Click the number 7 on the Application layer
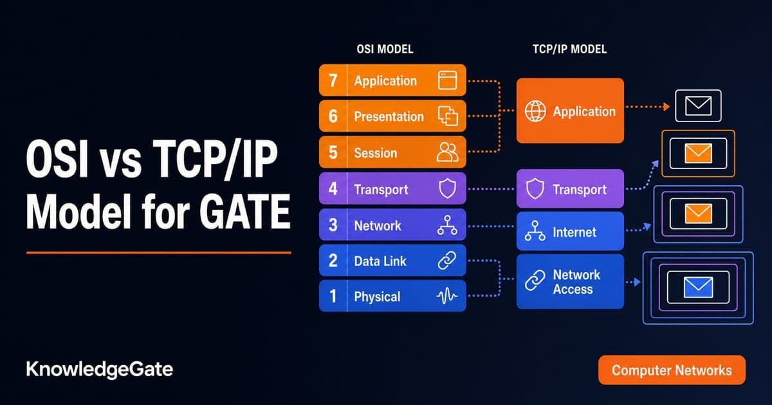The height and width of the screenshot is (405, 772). tap(333, 80)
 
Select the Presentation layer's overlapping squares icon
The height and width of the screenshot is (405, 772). tap(448, 116)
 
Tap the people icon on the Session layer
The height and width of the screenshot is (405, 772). tap(447, 152)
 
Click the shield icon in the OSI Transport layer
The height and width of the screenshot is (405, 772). tap(447, 188)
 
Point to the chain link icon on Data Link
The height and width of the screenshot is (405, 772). tap(447, 260)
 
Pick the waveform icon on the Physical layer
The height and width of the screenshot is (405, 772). tap(447, 296)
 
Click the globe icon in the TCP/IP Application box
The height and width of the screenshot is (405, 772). tap(535, 111)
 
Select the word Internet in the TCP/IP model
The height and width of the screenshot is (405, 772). tap(574, 232)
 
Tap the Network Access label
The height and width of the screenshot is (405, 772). tap(576, 282)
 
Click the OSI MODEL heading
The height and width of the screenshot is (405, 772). tap(385, 49)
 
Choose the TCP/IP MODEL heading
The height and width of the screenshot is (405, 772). tap(570, 49)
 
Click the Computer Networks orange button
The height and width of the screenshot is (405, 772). tap(672, 370)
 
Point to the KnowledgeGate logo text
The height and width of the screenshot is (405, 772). tap(100, 370)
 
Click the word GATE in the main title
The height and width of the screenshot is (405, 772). tap(244, 211)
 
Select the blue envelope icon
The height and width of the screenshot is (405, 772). tap(698, 287)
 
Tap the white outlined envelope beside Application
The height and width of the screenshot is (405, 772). tap(698, 105)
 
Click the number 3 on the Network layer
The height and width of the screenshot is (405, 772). tap(333, 225)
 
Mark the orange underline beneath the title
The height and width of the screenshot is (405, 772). tap(159, 253)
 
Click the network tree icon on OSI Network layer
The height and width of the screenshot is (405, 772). tap(447, 225)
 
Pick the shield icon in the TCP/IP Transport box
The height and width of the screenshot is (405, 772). tap(535, 188)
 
